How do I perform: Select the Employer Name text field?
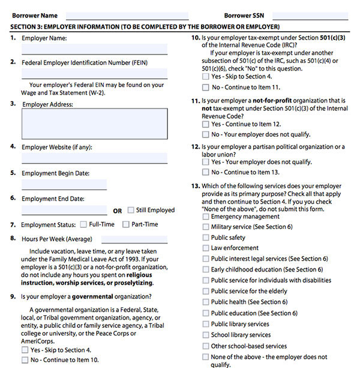94,49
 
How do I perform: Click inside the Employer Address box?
94,123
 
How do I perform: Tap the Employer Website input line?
94,158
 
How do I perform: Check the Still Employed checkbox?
131,210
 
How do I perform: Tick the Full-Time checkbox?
83,225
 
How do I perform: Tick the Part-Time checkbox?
126,225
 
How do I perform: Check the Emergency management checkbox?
206,216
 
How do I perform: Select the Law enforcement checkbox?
206,248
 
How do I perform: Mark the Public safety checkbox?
206,237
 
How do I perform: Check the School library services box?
206,335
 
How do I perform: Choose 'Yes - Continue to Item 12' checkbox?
206,124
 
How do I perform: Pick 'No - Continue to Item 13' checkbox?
206,173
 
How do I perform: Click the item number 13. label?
195,186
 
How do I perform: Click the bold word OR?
117,211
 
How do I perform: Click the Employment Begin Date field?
64,185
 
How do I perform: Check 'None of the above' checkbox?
206,357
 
